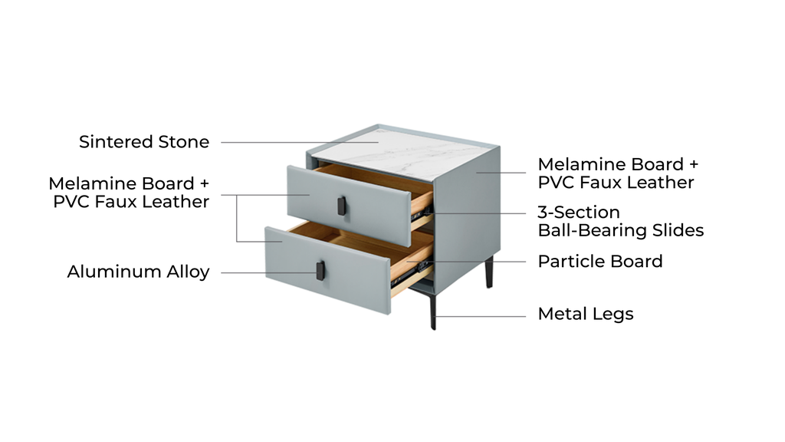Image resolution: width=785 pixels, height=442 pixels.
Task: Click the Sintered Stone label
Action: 144,142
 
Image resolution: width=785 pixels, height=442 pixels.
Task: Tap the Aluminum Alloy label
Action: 138,272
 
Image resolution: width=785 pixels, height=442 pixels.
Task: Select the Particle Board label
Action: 599,262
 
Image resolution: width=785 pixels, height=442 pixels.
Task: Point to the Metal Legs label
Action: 585,314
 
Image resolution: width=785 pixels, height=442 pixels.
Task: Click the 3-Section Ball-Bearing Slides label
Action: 620,221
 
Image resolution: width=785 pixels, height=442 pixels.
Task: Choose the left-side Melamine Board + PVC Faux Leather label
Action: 129,193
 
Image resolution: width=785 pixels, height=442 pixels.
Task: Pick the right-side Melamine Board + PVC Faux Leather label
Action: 618,173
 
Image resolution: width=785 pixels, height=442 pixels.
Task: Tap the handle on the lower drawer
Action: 320,269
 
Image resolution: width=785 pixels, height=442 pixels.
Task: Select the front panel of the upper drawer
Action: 307,193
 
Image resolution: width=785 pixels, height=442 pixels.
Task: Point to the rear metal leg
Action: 488,272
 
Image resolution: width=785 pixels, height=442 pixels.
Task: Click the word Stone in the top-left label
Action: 183,142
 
